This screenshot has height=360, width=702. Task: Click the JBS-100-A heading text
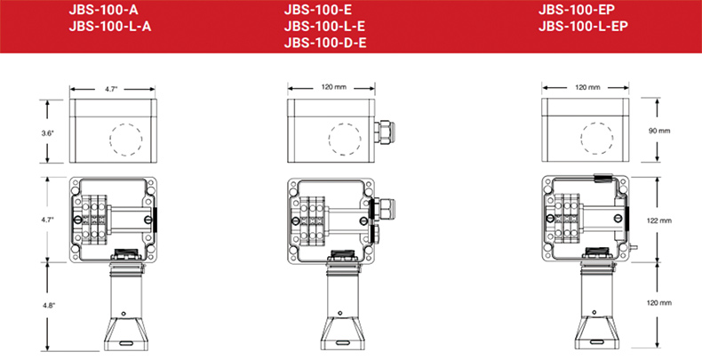[100, 11]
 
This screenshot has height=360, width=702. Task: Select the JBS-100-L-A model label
[110, 27]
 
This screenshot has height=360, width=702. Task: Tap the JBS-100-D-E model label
[325, 44]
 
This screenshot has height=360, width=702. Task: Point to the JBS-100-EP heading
[577, 10]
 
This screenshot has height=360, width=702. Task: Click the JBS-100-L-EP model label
[583, 27]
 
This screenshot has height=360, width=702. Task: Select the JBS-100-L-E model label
[324, 27]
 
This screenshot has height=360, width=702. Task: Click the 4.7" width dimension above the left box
[111, 89]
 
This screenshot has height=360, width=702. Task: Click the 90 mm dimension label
[659, 132]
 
